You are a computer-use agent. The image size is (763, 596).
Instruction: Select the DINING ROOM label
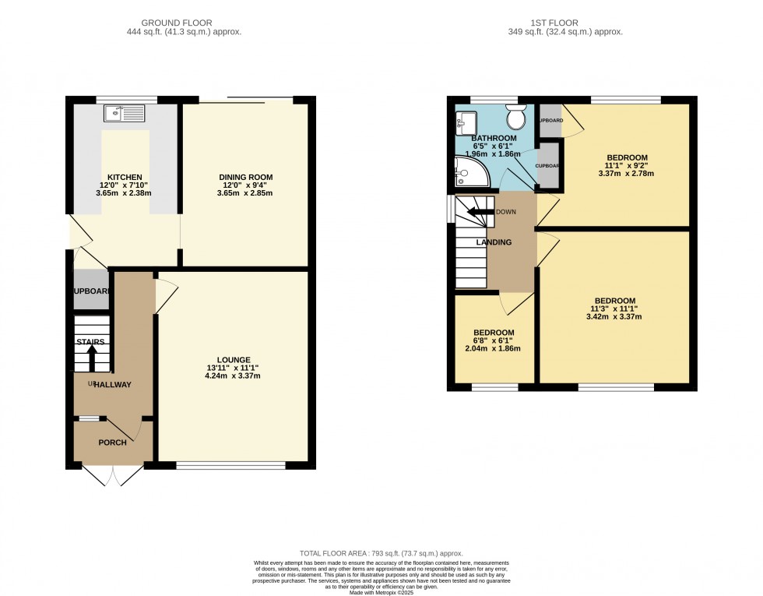click(x=245, y=177)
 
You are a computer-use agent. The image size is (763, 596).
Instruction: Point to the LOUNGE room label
click(x=234, y=359)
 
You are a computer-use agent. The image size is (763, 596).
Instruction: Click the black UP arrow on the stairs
click(x=92, y=358)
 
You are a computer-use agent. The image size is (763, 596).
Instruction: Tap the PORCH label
click(x=112, y=443)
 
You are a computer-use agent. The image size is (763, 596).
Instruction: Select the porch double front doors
click(x=113, y=475)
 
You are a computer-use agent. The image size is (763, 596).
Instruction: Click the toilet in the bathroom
click(x=515, y=118)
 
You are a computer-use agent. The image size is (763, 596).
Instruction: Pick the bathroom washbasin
click(x=467, y=122)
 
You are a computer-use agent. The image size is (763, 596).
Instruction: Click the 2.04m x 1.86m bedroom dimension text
click(x=494, y=348)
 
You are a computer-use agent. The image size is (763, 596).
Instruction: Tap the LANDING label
click(x=494, y=242)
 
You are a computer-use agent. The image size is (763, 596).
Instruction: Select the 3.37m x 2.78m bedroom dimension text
click(x=626, y=174)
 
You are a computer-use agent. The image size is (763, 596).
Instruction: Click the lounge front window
click(x=230, y=465)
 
